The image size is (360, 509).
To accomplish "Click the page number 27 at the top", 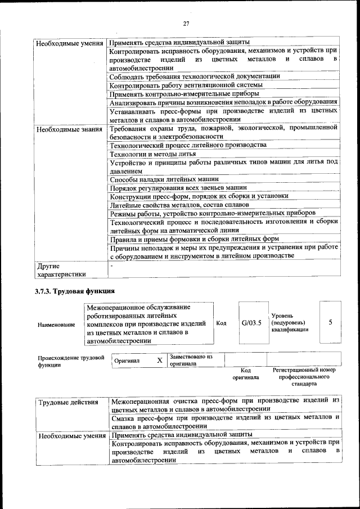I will [x=186, y=24].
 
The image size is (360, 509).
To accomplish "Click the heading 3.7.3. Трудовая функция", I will [x=74, y=291].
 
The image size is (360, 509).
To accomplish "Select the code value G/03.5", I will [x=251, y=323].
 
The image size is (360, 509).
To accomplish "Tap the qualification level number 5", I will [x=330, y=322].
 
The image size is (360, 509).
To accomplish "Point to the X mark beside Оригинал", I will [x=159, y=359].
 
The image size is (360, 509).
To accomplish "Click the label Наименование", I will [x=56, y=325].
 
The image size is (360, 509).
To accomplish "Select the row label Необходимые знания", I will [x=69, y=129].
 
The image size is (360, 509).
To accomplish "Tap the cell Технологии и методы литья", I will [x=153, y=154].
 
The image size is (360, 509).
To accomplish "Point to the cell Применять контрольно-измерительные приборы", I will [x=184, y=93].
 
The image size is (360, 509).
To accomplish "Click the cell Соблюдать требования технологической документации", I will [x=194, y=76].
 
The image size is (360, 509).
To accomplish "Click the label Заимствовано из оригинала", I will [x=191, y=360].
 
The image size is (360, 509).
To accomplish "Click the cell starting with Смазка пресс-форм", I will [x=225, y=421].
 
